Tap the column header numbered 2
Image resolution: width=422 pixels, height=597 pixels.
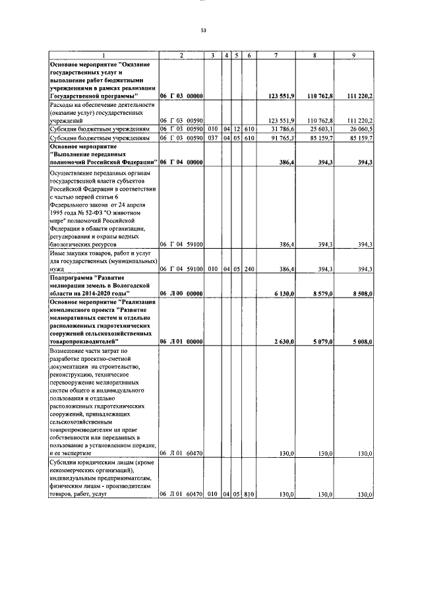(181, 55)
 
